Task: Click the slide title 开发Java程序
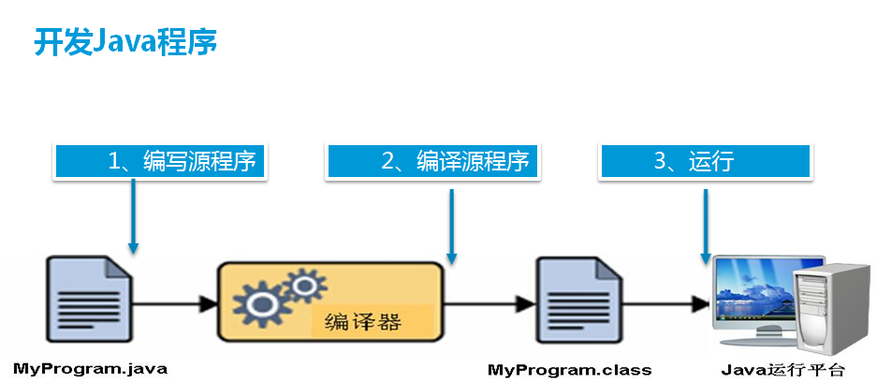(x=125, y=42)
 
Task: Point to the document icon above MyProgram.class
(x=577, y=302)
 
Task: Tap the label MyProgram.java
(x=83, y=369)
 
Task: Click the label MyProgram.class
(x=569, y=369)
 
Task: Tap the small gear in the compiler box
(x=300, y=284)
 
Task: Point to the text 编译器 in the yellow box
(x=362, y=322)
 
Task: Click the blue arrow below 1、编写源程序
(x=134, y=216)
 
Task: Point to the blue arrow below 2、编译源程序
(x=452, y=225)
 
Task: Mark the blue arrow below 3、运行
(x=706, y=225)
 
